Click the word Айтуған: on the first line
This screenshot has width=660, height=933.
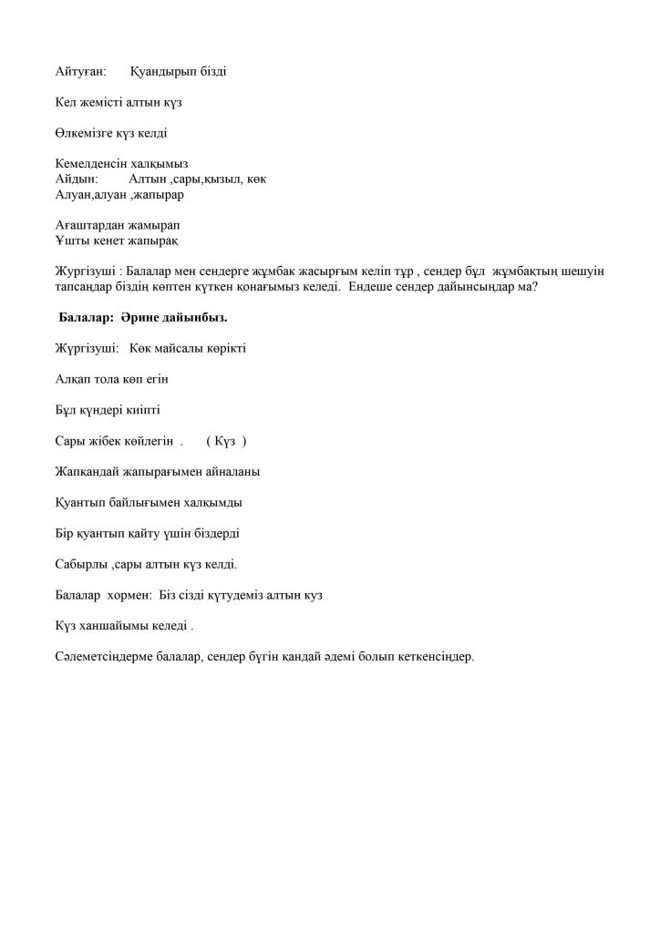(x=80, y=70)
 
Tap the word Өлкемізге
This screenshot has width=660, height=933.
(x=83, y=133)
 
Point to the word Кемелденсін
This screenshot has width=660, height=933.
(x=88, y=164)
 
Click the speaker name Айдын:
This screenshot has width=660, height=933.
(x=76, y=179)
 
